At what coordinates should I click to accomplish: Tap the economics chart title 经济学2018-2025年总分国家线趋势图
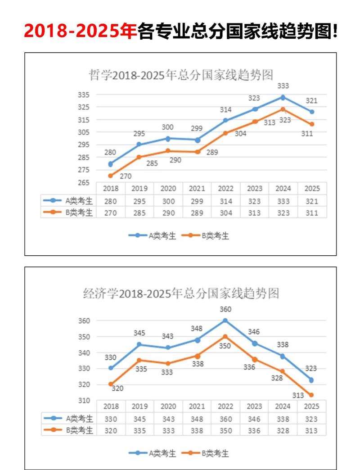pyautogui.click(x=181, y=294)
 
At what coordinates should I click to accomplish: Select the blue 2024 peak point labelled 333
pyautogui.click(x=283, y=97)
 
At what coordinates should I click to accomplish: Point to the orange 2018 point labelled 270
pyautogui.click(x=111, y=176)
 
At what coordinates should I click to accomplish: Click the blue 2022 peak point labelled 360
pyautogui.click(x=225, y=321)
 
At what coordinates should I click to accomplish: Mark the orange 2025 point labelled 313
pyautogui.click(x=311, y=395)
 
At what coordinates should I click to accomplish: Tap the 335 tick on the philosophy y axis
pyautogui.click(x=84, y=95)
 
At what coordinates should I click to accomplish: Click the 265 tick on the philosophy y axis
pyautogui.click(x=84, y=182)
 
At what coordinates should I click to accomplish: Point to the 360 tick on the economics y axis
pyautogui.click(x=84, y=321)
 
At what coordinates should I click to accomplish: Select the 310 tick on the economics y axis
pyautogui.click(x=84, y=400)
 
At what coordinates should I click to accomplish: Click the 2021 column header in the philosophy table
pyautogui.click(x=197, y=188)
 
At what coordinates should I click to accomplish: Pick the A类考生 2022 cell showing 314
pyautogui.click(x=225, y=201)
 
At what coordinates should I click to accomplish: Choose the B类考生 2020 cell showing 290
pyautogui.click(x=168, y=213)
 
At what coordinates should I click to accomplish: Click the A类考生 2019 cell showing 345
pyautogui.click(x=139, y=419)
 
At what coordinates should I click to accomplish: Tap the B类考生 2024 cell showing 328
pyautogui.click(x=283, y=430)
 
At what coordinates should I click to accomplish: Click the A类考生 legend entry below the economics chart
pyautogui.click(x=153, y=453)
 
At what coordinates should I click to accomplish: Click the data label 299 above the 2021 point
pyautogui.click(x=197, y=128)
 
